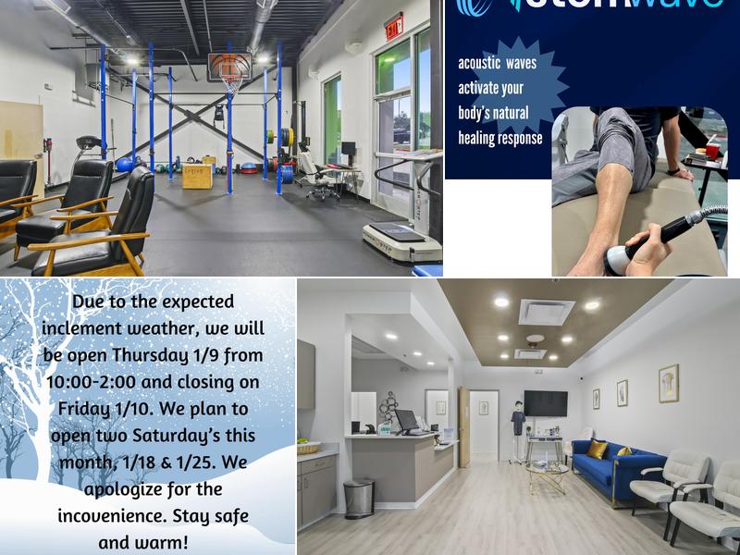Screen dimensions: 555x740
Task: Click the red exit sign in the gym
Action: point(394,25)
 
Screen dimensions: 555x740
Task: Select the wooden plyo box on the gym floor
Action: point(196,175)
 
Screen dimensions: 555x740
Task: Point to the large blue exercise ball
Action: point(125,165)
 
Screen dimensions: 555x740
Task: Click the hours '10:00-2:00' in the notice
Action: point(91,382)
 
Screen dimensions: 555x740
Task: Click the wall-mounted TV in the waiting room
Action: point(546,402)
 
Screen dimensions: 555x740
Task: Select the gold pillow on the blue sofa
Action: point(597,449)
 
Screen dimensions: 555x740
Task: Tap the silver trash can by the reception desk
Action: point(359,498)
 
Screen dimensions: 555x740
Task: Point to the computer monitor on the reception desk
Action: point(407,421)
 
